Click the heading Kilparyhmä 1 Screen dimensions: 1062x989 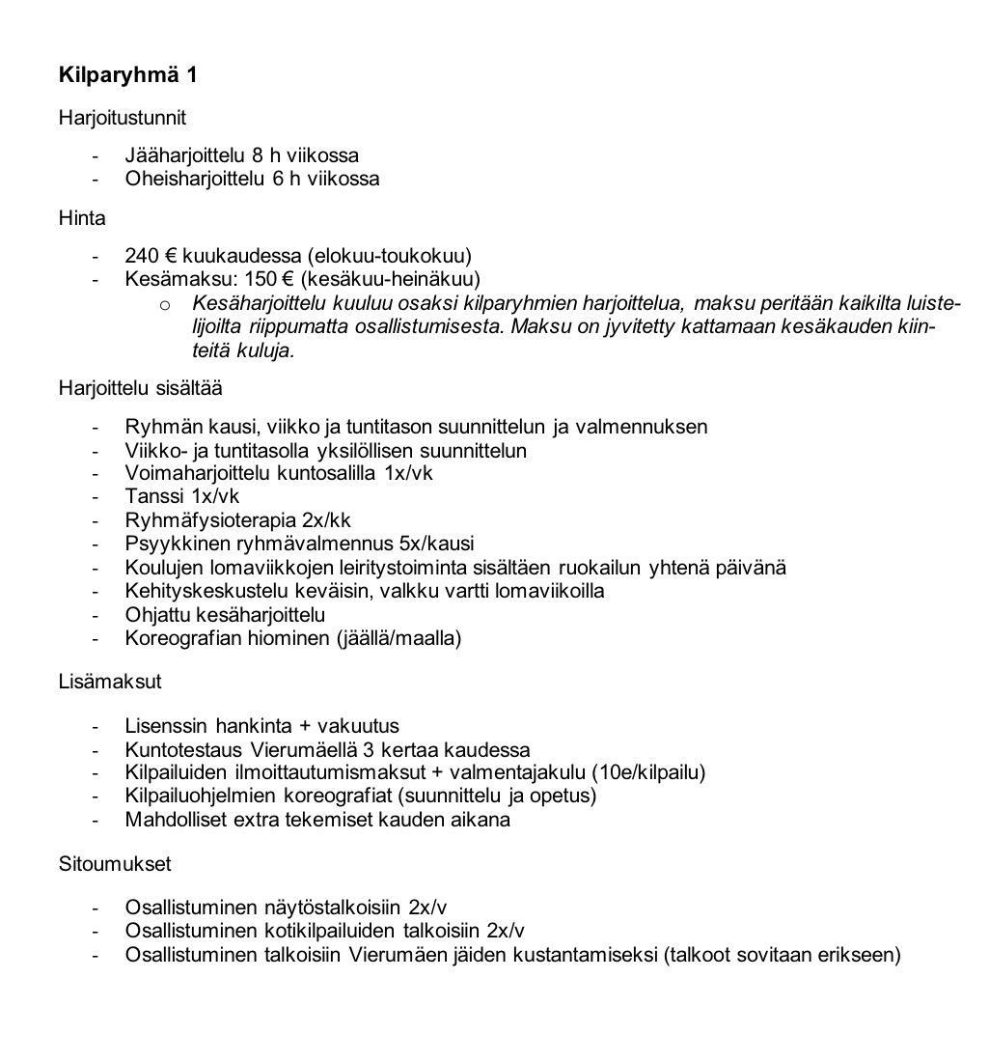point(128,75)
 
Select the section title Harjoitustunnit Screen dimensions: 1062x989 point(122,118)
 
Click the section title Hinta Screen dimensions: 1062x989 point(82,218)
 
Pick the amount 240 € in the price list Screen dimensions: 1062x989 point(151,256)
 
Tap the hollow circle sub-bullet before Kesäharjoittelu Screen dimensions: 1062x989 point(166,305)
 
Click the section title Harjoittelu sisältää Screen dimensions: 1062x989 point(140,388)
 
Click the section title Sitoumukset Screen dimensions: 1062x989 point(115,863)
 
